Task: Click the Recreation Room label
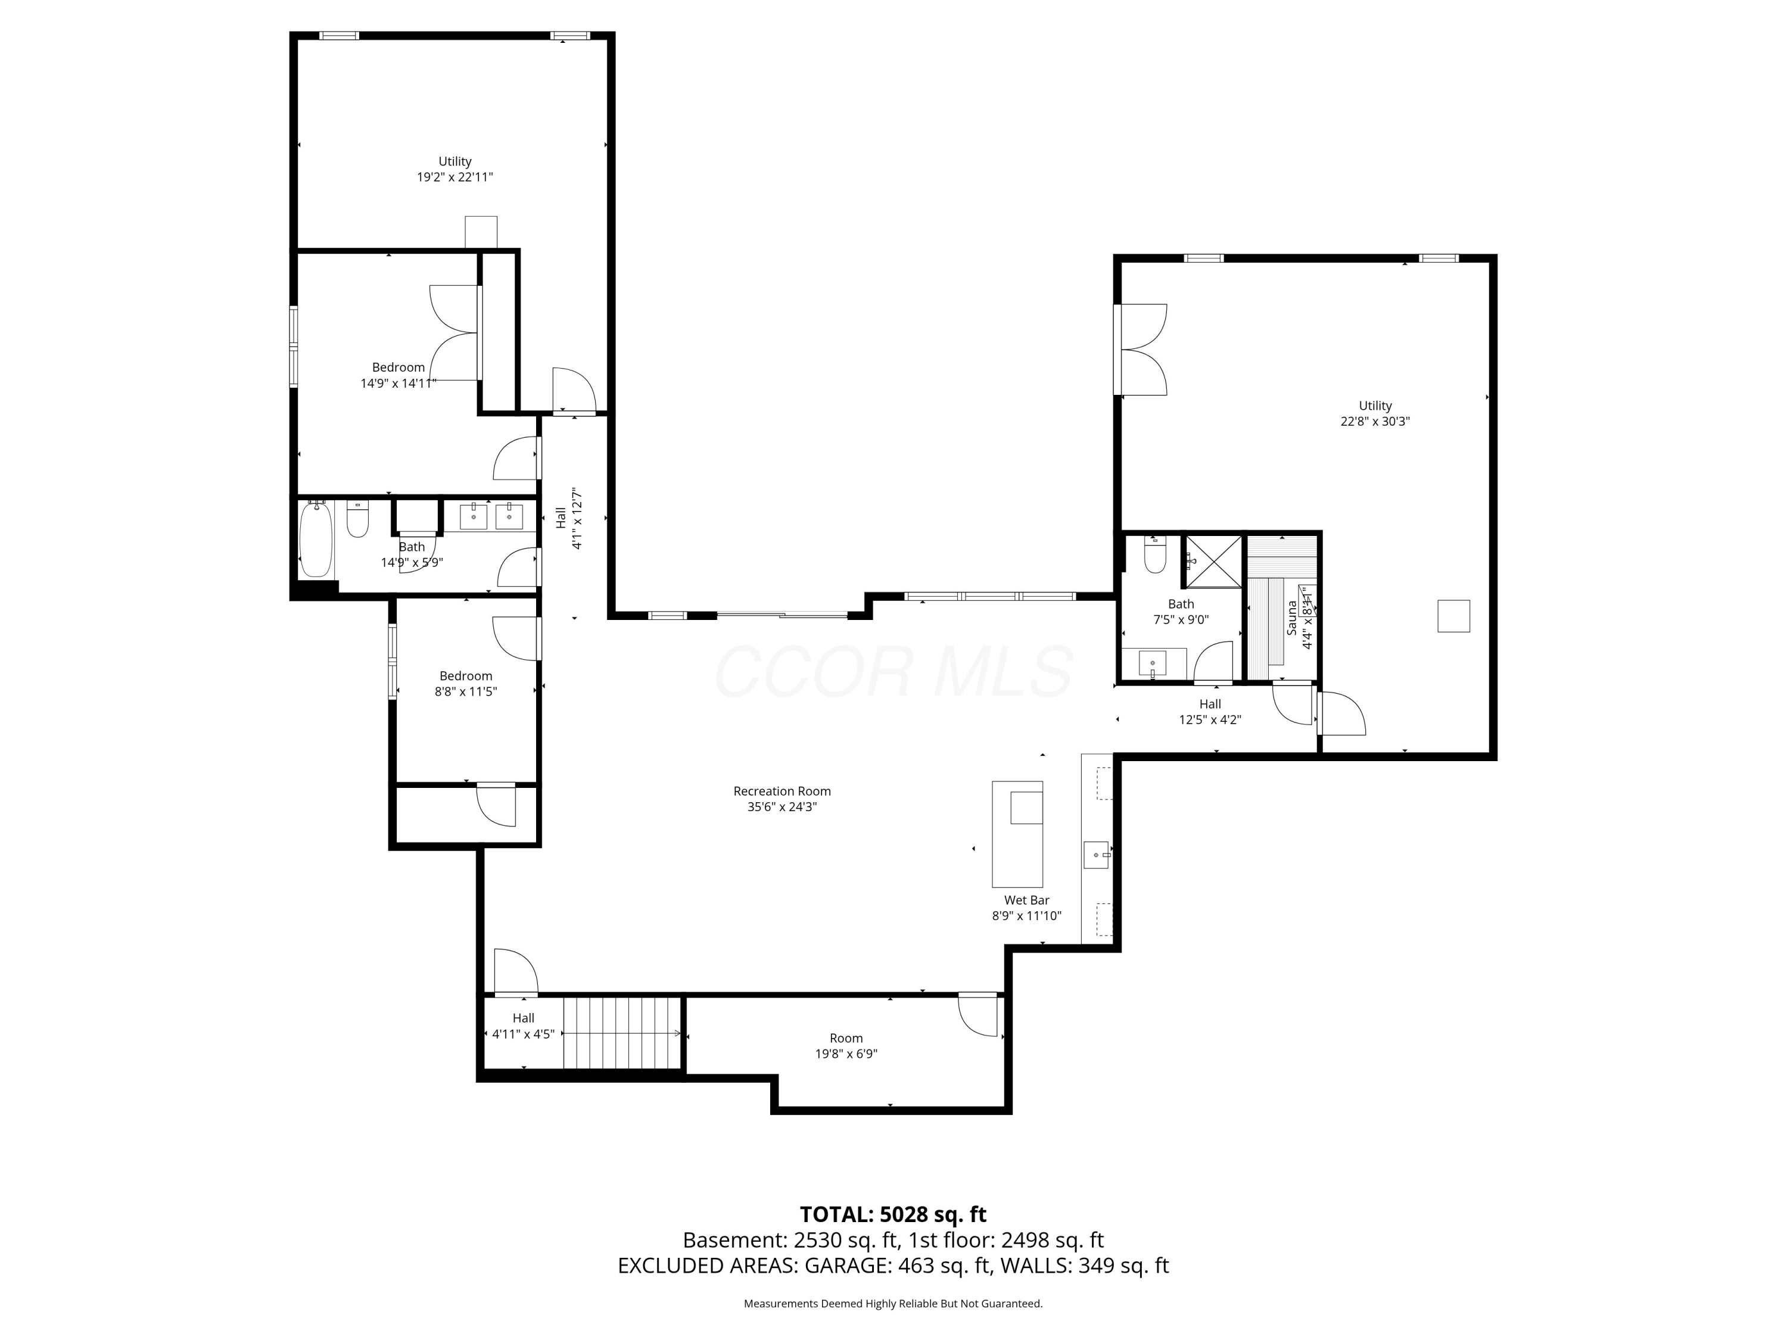click(781, 791)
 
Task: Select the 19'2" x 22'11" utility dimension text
click(455, 177)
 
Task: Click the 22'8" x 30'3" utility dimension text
click(1375, 422)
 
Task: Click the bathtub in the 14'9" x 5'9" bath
click(316, 540)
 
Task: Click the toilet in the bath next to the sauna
click(1155, 555)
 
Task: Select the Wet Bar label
click(1026, 900)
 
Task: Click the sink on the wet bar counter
click(1096, 854)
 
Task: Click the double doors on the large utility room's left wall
click(1141, 350)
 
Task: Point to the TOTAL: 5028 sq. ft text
click(893, 1215)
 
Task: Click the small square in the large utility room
click(1453, 616)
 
